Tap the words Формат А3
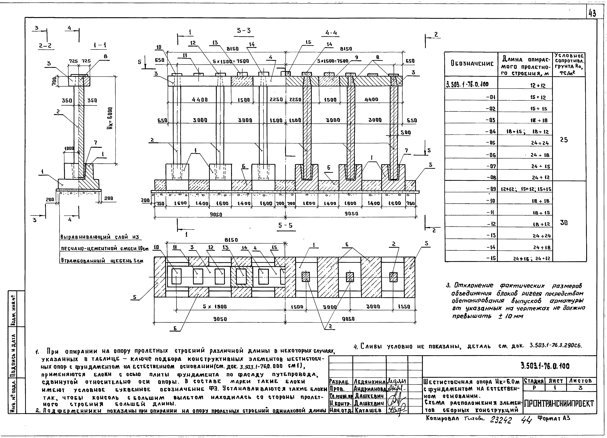point(553,418)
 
